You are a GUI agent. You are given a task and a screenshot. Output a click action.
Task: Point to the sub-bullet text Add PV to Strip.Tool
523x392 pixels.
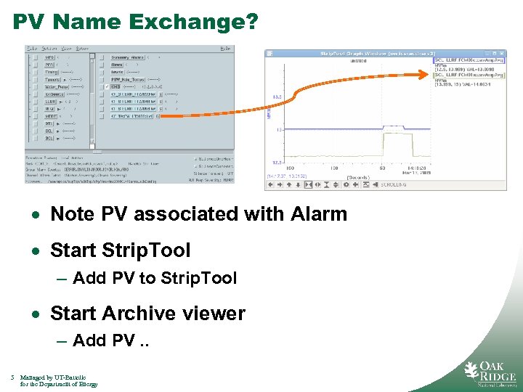[x=155, y=278]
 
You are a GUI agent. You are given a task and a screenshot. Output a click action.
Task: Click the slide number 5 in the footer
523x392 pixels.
[x=13, y=377]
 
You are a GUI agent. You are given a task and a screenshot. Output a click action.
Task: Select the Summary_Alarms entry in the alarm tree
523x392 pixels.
[x=128, y=57]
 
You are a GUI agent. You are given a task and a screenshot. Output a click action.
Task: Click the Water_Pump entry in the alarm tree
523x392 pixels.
[x=56, y=86]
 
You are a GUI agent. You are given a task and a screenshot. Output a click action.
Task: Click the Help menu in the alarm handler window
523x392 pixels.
[x=226, y=49]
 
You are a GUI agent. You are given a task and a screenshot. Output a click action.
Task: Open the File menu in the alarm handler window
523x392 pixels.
[x=31, y=49]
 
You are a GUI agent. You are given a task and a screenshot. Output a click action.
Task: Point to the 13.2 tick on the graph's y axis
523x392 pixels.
[x=276, y=96]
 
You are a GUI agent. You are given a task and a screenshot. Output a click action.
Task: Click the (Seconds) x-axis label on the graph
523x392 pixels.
[x=358, y=176]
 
